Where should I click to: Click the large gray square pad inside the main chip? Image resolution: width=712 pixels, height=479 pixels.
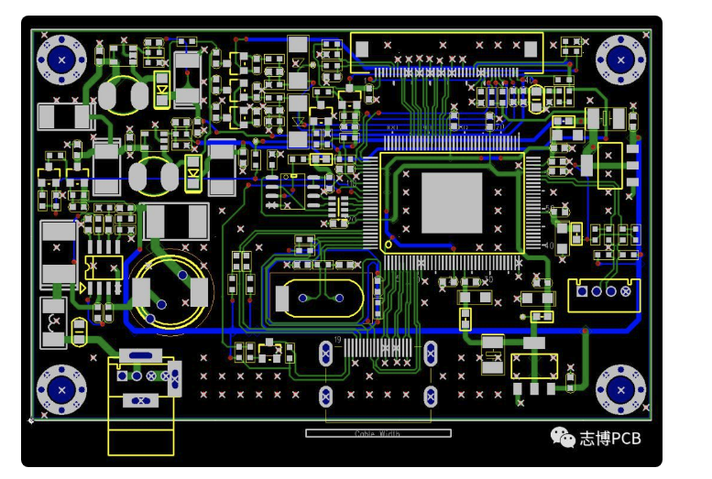point(452,202)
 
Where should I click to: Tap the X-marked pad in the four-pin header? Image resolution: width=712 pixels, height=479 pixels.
point(627,291)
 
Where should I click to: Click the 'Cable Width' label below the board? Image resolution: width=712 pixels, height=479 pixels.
point(378,434)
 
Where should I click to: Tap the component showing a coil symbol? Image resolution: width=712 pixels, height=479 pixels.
point(54,322)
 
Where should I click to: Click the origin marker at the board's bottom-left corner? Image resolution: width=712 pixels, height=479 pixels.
point(32,420)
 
